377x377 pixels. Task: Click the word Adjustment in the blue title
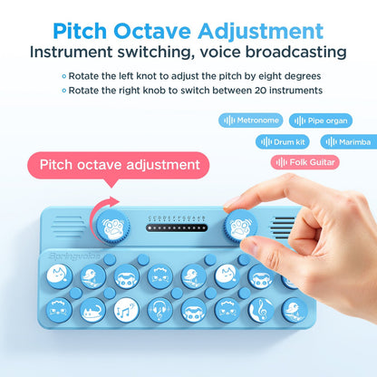(255, 31)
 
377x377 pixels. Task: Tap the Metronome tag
(250, 120)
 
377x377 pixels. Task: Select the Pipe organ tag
(323, 120)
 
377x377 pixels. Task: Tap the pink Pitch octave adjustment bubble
(126, 165)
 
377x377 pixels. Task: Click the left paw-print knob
(109, 223)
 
